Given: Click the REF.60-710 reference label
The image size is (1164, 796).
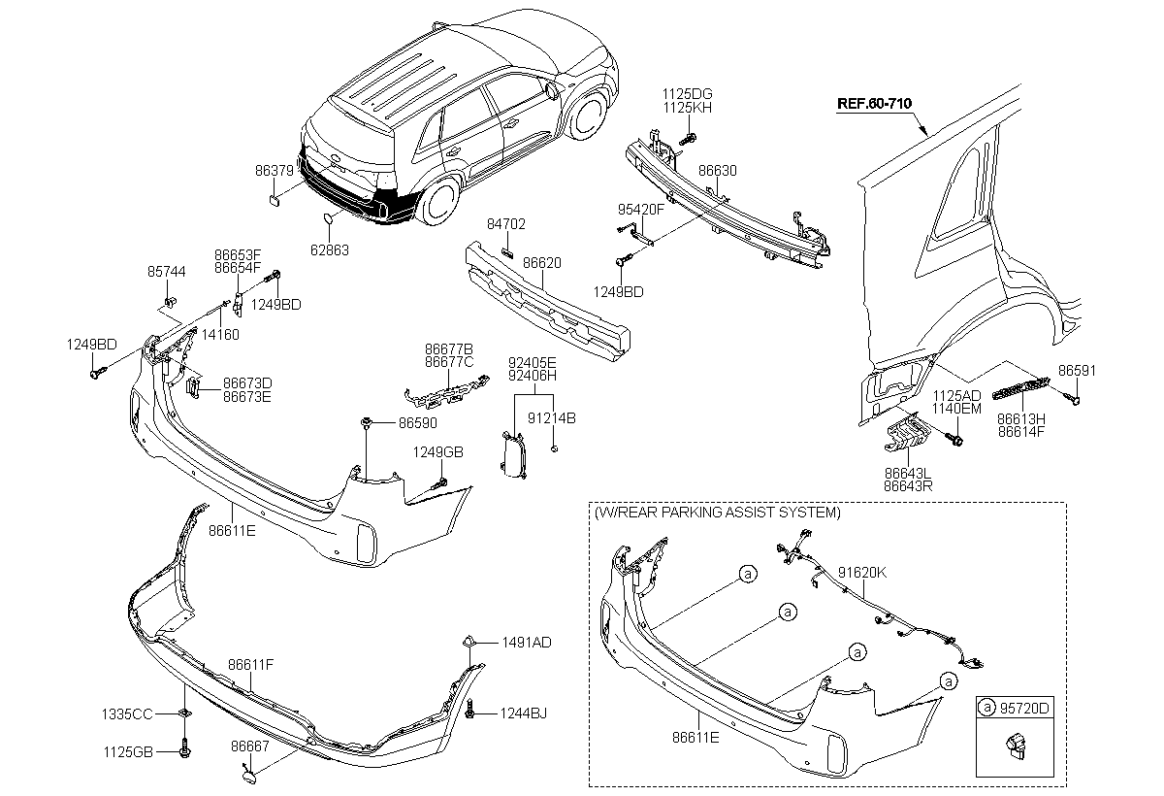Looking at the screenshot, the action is [x=874, y=104].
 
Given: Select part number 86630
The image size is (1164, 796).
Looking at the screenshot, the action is [x=718, y=171].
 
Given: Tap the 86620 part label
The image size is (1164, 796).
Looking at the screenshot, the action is [x=542, y=262].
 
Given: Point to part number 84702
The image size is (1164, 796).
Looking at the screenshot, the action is [x=506, y=223].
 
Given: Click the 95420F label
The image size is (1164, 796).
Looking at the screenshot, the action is [x=641, y=209].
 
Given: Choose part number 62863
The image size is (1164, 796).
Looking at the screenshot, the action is [x=330, y=250].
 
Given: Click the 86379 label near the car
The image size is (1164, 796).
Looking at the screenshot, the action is [x=275, y=171].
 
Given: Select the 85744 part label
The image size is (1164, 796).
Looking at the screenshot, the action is [x=166, y=272].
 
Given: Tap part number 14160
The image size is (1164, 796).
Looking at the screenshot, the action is [x=220, y=334].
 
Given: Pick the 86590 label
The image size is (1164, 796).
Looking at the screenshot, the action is [x=418, y=422].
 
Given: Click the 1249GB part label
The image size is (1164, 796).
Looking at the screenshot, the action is [x=437, y=451].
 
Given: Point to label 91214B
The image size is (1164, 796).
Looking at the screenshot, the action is [x=552, y=418].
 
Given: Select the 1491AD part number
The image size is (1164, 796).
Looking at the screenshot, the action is [x=527, y=643].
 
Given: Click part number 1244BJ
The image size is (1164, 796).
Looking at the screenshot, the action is [x=524, y=713].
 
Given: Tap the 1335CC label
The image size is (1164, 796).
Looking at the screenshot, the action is [x=127, y=714].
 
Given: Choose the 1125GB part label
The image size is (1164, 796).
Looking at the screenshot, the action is [x=128, y=751].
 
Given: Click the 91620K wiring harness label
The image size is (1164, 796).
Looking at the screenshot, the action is [x=862, y=573].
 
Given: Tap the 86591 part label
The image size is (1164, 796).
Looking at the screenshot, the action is [x=1077, y=370].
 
